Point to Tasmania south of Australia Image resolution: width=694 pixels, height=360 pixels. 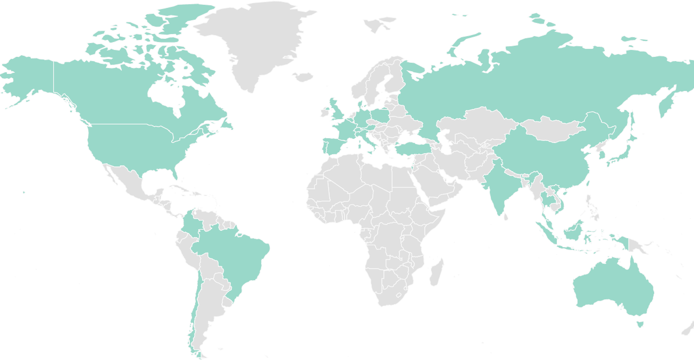click(640, 323)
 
